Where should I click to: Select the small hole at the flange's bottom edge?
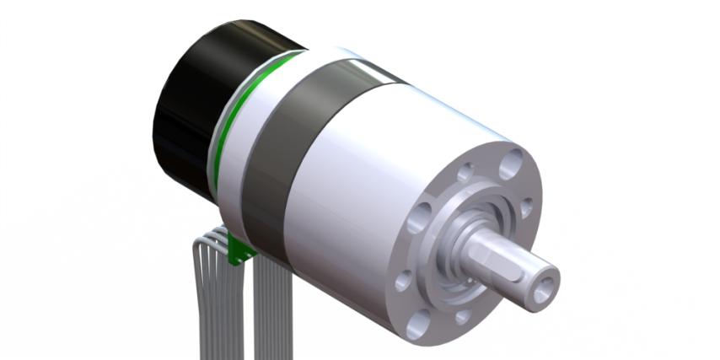coord(462,316)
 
